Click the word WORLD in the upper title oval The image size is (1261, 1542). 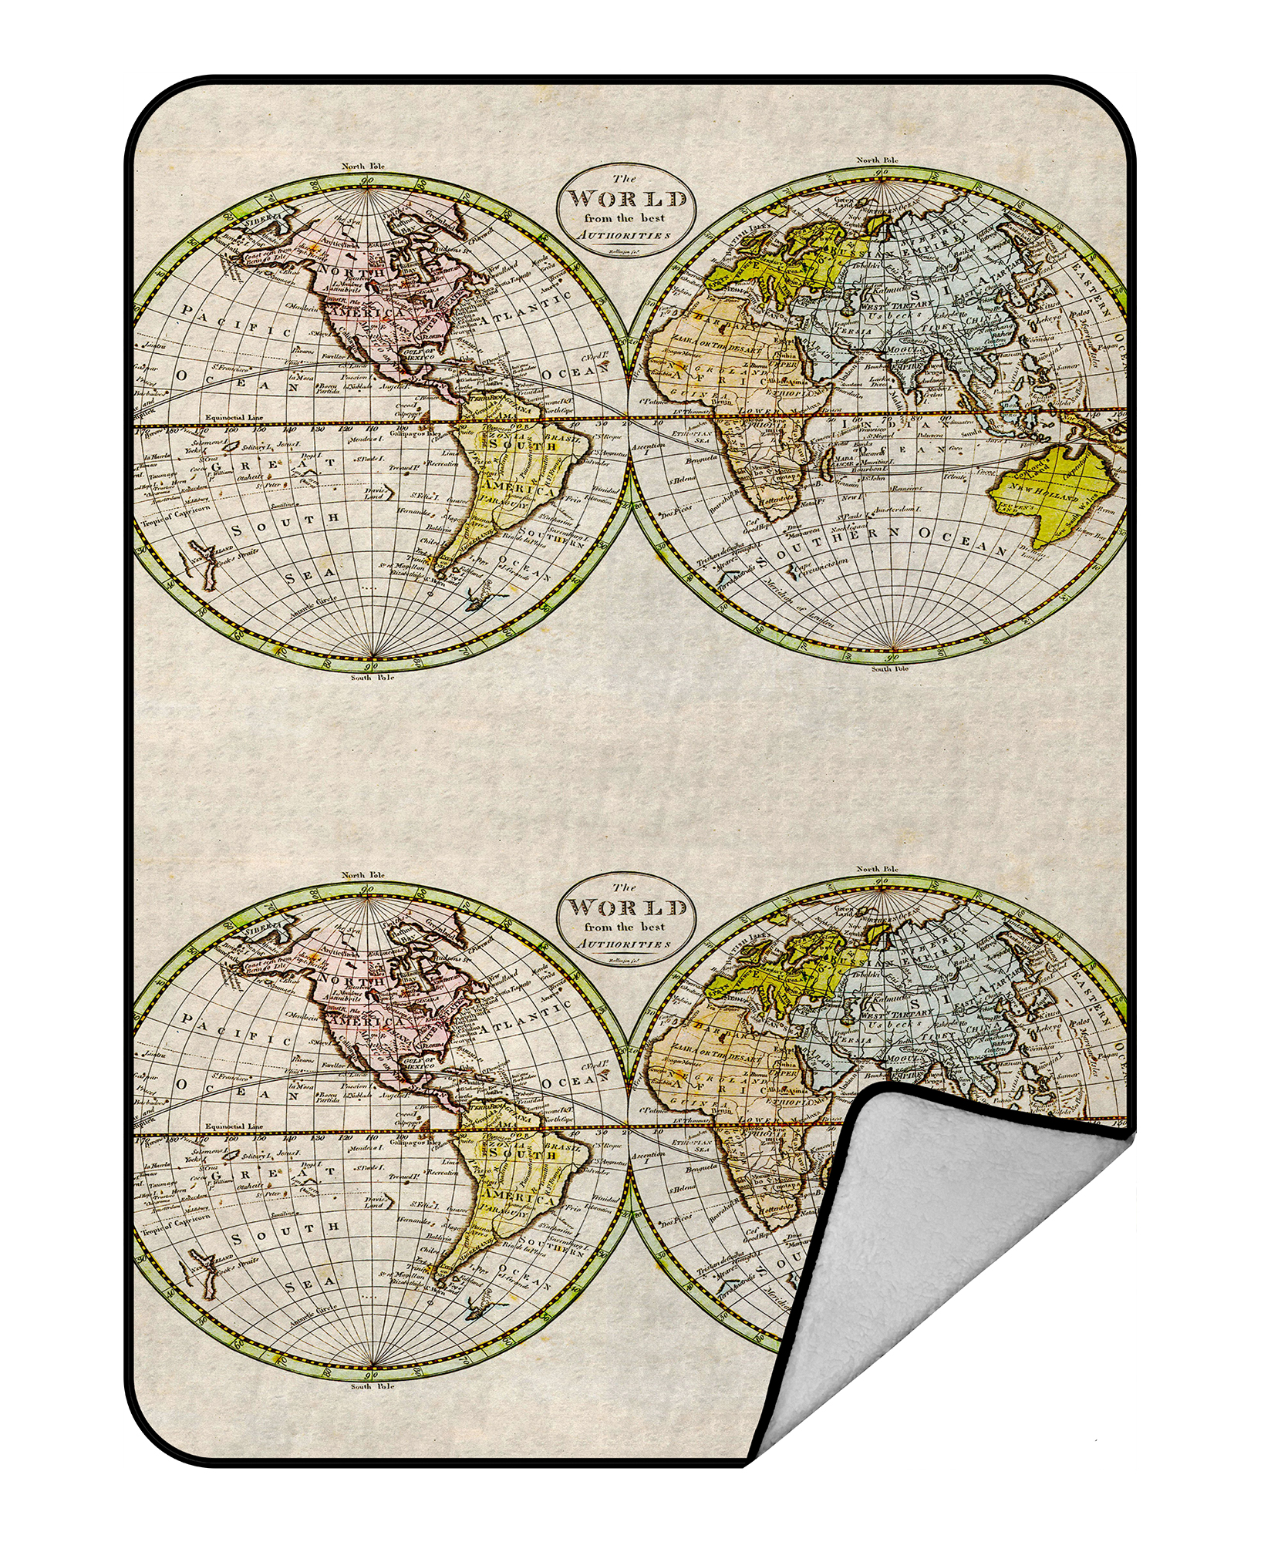pyautogui.click(x=627, y=200)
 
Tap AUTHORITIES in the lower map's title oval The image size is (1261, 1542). pyautogui.click(x=625, y=944)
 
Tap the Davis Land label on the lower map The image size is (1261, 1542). pyautogui.click(x=373, y=1201)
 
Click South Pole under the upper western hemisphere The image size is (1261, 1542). pyautogui.click(x=372, y=678)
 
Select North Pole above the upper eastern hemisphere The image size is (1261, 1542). pyautogui.click(x=877, y=160)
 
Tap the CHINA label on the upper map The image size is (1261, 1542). pyautogui.click(x=984, y=317)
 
